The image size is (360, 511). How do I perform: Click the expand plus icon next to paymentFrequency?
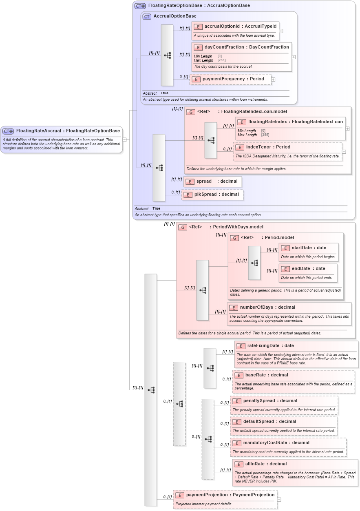[x=273, y=80]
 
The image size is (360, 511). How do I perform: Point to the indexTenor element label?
[x=258, y=147]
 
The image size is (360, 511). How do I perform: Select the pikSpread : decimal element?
[x=216, y=195]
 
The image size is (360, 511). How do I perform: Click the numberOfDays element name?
[x=256, y=307]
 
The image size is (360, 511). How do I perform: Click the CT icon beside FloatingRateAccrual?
[x=8, y=131]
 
